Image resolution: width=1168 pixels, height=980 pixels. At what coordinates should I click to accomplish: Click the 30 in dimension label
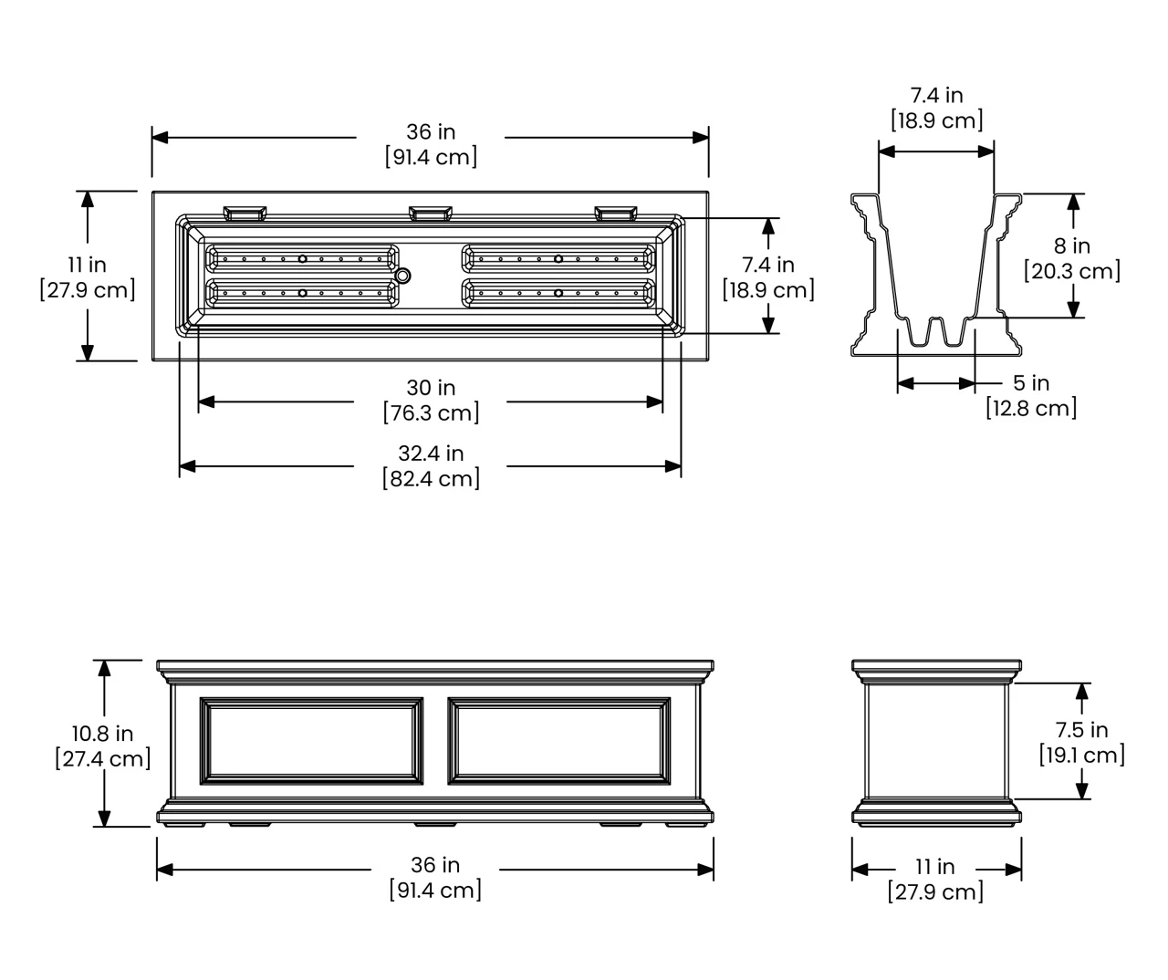(x=431, y=388)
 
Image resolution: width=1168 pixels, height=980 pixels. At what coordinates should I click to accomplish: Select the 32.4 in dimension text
(x=431, y=454)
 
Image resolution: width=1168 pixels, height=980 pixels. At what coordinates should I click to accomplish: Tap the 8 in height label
(x=1072, y=246)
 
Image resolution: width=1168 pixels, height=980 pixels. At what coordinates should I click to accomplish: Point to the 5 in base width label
(x=1031, y=383)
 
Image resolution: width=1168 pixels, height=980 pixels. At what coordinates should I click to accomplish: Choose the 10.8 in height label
(x=102, y=734)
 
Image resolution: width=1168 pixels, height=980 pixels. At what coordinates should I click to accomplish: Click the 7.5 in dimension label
(x=1081, y=730)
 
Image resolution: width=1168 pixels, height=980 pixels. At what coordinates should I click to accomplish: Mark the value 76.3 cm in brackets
(x=431, y=413)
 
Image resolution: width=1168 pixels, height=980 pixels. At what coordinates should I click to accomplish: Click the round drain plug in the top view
(x=402, y=275)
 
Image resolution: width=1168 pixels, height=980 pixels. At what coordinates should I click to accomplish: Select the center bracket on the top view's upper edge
(x=431, y=214)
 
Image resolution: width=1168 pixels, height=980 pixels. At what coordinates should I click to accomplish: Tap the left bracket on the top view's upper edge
(x=245, y=214)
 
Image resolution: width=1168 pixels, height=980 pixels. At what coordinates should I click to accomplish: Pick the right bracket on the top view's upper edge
(x=617, y=214)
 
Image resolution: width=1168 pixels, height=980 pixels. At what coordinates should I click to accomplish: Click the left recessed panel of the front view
(x=312, y=741)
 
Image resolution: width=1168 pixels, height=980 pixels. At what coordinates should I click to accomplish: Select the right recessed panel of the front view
(x=558, y=741)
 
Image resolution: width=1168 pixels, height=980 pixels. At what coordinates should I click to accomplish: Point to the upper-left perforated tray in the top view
(x=303, y=258)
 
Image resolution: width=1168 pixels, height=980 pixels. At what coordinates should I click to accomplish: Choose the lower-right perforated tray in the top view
(x=558, y=293)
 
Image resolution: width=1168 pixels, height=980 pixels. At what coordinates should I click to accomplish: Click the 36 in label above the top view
(x=431, y=132)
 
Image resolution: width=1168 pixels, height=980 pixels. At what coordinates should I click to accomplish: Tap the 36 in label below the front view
(x=434, y=865)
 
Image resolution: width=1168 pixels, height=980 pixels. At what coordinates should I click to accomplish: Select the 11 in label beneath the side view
(x=935, y=867)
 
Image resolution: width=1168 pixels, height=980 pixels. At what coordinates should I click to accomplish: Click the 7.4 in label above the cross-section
(x=936, y=95)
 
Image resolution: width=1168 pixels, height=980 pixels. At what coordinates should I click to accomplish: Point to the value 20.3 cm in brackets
(x=1072, y=271)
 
